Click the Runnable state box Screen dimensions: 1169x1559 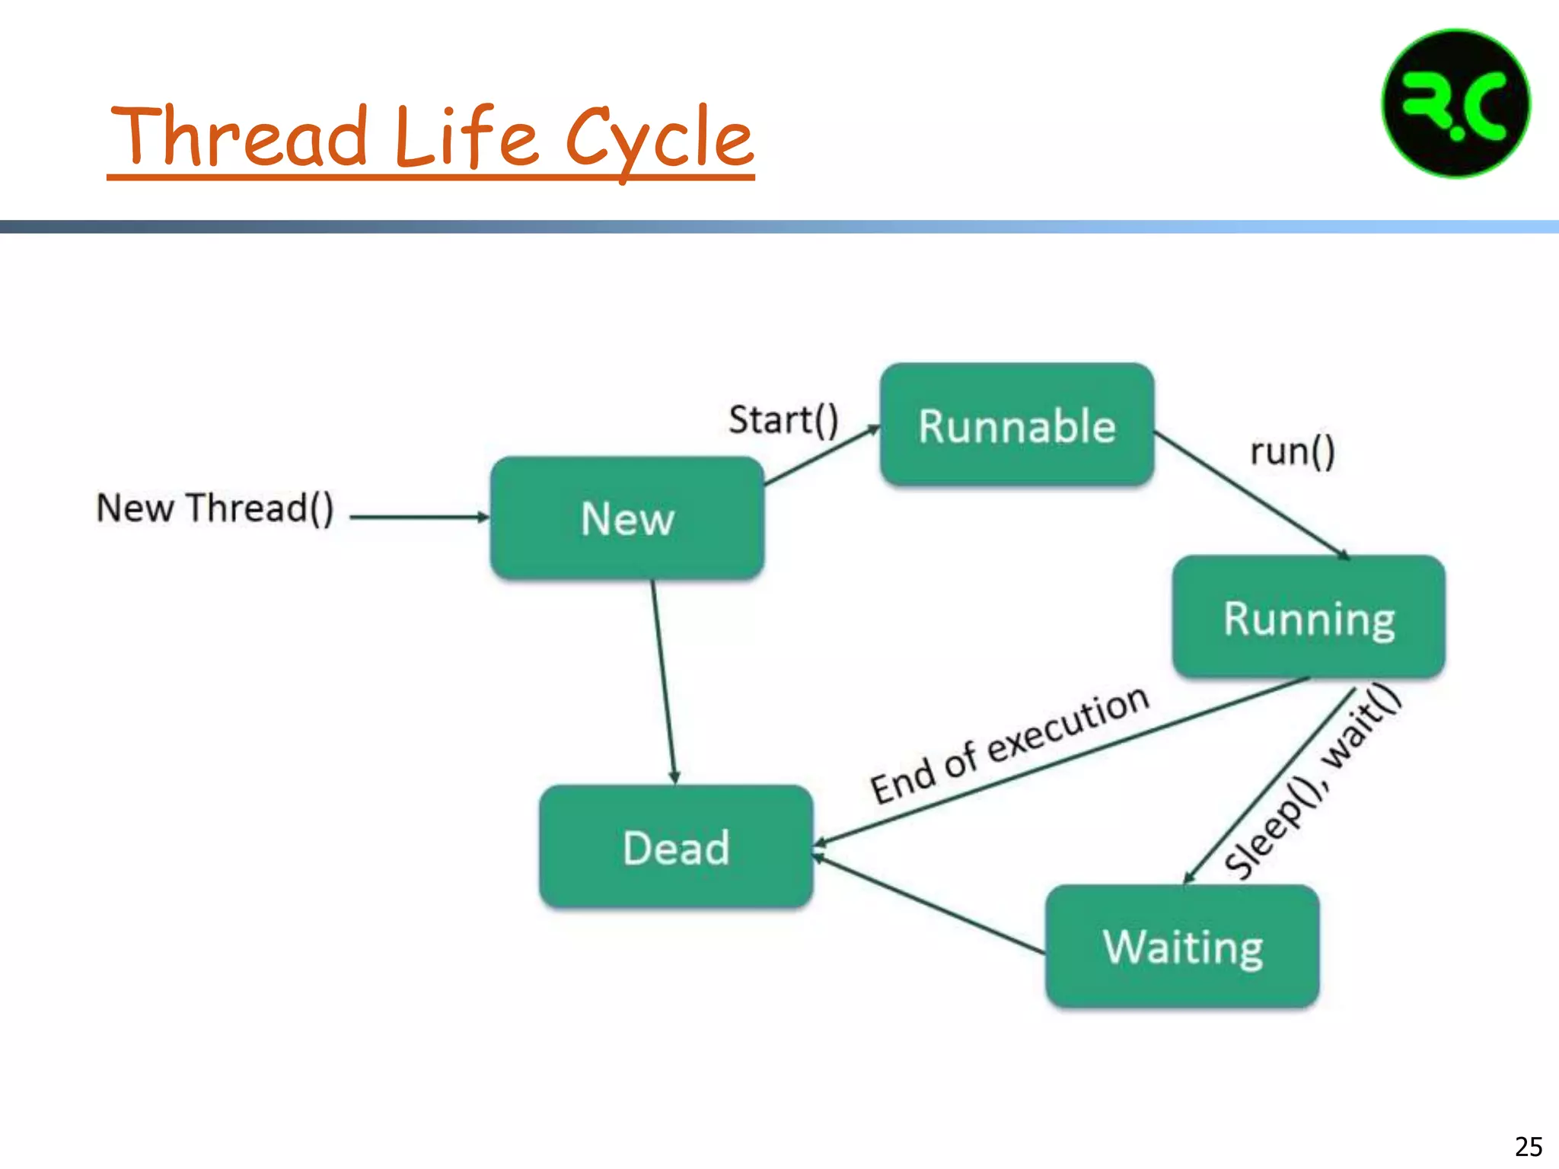1017,425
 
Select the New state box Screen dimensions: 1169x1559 627,518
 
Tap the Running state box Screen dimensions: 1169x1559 1309,617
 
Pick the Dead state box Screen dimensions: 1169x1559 676,846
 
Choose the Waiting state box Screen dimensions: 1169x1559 1182,946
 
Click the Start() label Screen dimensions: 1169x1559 783,420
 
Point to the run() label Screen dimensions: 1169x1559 1292,451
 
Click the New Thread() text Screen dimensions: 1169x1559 215,508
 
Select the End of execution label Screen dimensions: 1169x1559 1009,744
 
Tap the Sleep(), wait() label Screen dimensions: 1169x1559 1313,780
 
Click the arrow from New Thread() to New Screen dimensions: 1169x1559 419,517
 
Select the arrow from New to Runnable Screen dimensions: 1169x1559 822,455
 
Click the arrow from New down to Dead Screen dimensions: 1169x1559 664,682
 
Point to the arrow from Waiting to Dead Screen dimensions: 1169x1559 929,904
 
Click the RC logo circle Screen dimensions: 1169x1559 1455,104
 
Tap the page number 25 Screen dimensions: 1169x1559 1528,1146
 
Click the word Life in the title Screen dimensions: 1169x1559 466,137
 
